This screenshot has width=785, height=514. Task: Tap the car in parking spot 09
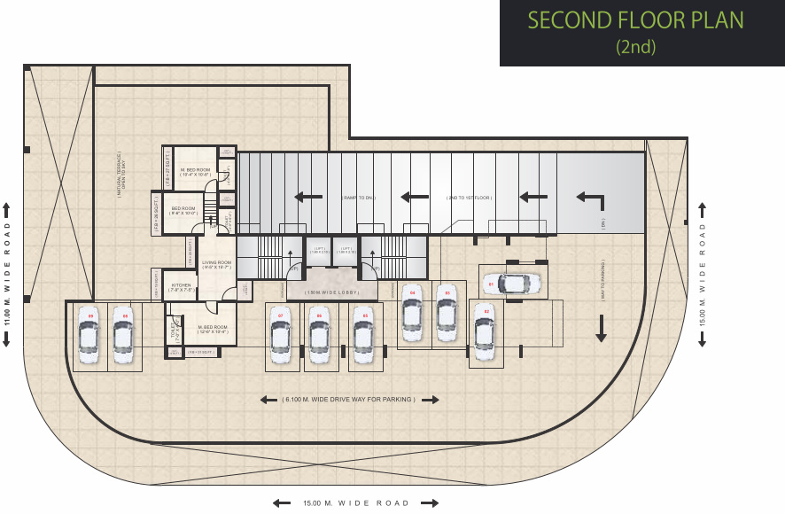coord(88,337)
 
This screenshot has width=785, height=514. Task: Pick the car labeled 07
coord(280,338)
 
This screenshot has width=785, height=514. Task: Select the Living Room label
coord(216,264)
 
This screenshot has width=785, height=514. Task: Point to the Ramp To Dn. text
coord(361,198)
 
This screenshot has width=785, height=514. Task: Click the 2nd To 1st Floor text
coord(470,198)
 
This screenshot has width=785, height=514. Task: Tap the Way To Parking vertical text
coord(602,282)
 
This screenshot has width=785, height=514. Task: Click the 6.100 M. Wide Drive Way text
coord(349,400)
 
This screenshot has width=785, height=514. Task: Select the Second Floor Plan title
coord(635,20)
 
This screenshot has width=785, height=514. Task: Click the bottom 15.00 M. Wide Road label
coord(356,503)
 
